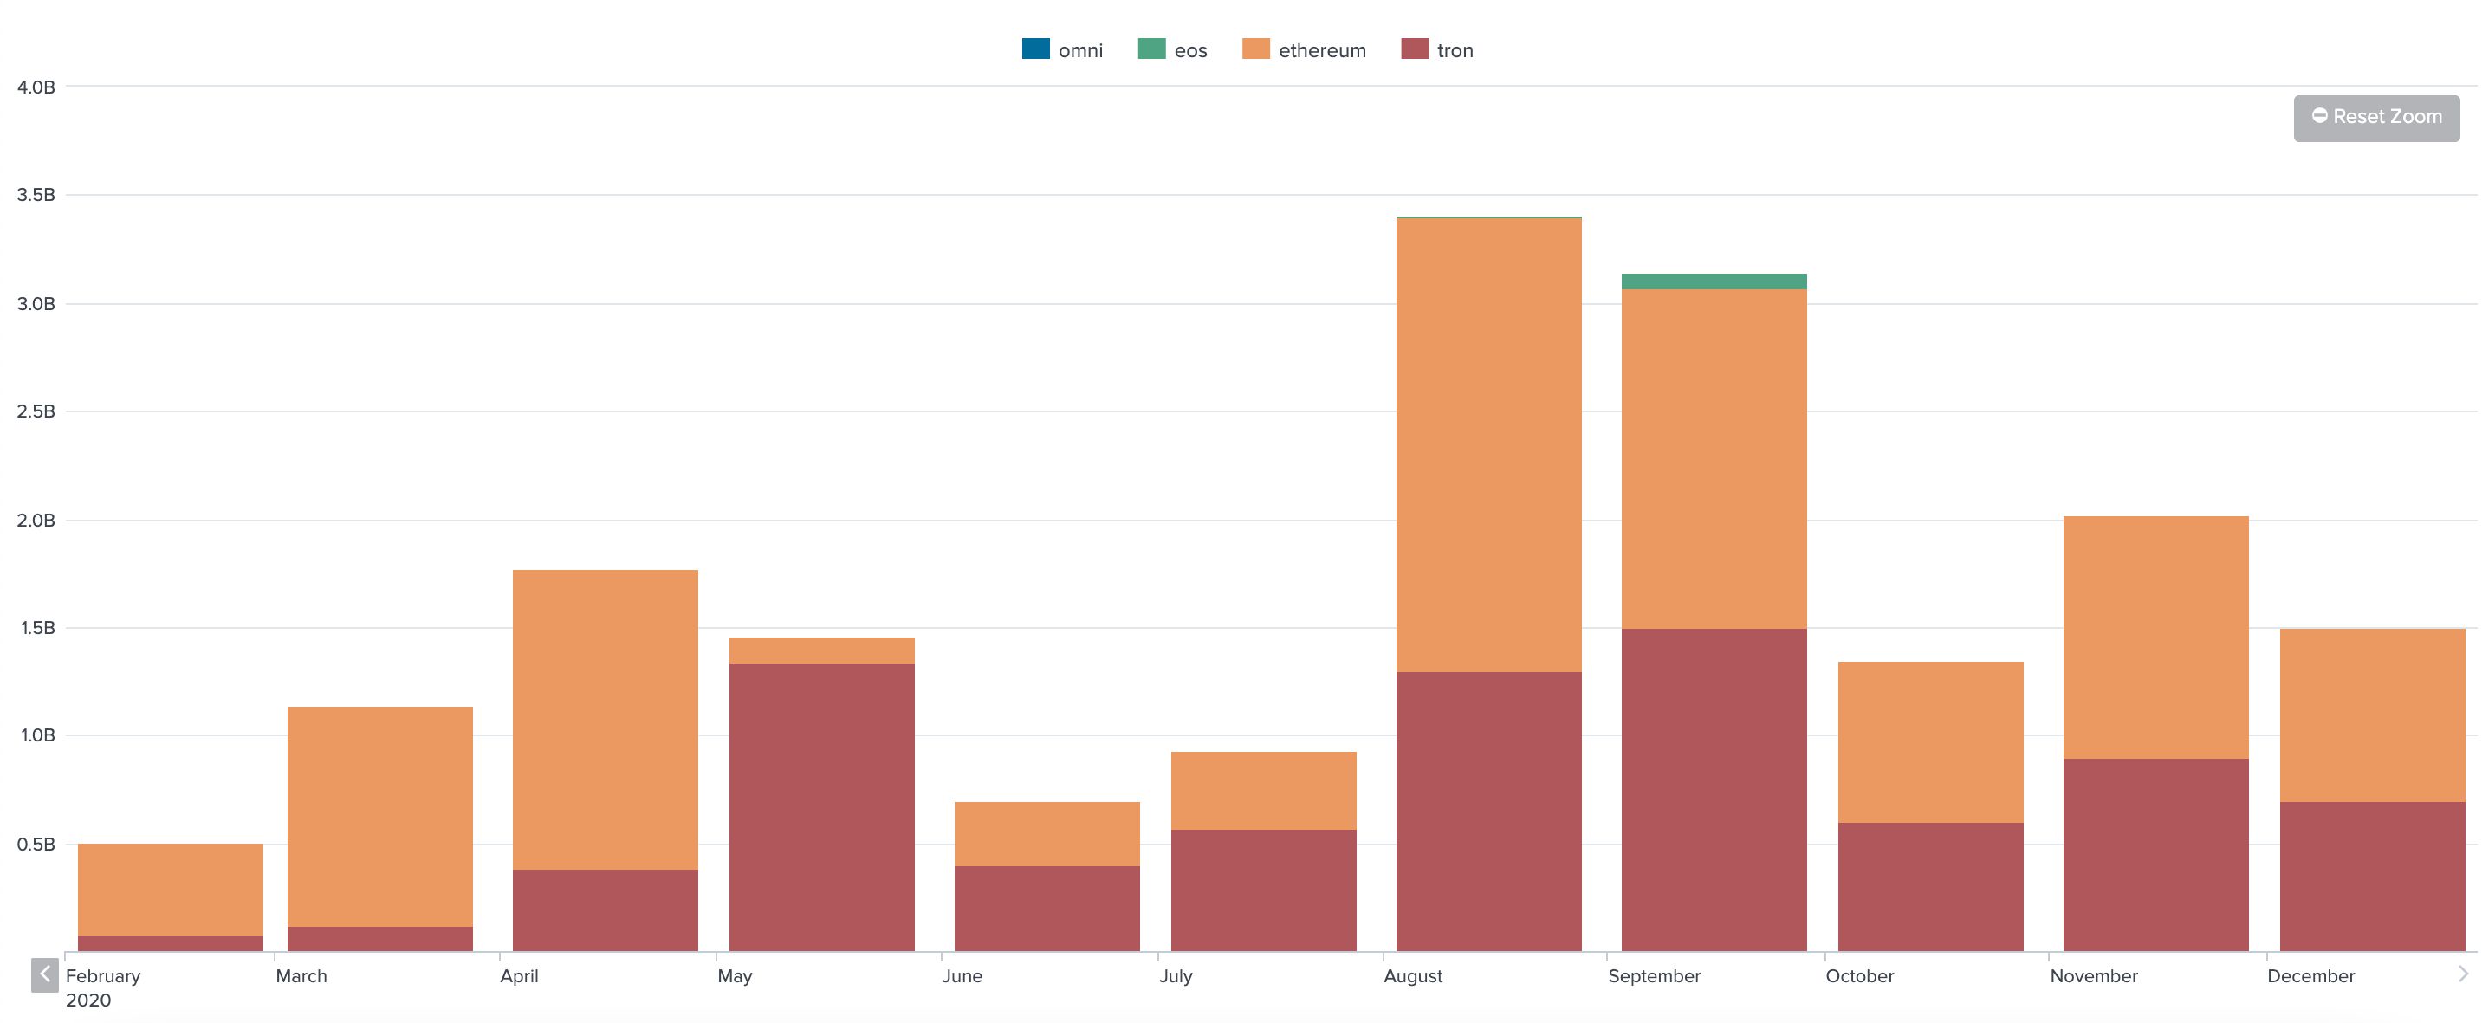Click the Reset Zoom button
2376,118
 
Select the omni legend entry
1063,50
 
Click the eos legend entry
1173,50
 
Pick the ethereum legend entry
1305,50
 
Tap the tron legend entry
1437,50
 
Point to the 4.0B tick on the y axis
36,87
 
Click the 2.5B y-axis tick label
36,412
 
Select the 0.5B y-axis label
36,845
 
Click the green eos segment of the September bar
1714,282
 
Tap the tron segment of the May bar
822,807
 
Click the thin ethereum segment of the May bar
822,651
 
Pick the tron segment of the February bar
171,943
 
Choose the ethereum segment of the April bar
605,720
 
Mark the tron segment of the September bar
1714,790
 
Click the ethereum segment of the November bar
2155,638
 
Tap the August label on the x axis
1412,976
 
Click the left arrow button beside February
44,974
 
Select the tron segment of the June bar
1047,909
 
